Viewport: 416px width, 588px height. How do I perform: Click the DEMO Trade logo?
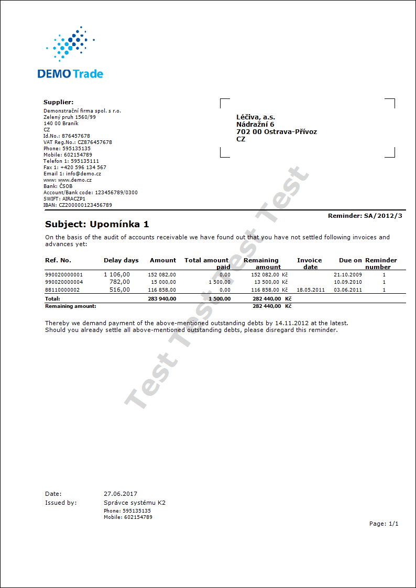coord(70,53)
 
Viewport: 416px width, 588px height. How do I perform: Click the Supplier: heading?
coord(58,102)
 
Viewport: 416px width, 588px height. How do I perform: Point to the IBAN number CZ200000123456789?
coord(85,205)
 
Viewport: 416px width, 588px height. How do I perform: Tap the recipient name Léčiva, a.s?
coord(256,117)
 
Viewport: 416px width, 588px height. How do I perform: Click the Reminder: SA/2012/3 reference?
coord(365,216)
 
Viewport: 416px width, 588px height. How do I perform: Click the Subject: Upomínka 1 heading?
coord(97,225)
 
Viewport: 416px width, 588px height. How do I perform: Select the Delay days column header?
coord(121,260)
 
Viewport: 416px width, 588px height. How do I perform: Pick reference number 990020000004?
coord(64,282)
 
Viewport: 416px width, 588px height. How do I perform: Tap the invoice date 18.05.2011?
coord(311,290)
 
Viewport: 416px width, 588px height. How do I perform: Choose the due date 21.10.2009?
coord(348,274)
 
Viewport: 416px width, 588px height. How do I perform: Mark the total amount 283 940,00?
coord(162,299)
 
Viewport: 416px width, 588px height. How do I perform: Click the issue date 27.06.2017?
coord(121,494)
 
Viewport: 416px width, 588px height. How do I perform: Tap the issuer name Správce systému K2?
coord(135,503)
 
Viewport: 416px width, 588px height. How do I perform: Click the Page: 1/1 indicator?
coord(384,524)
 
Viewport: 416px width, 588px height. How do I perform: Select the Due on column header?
coord(351,260)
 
